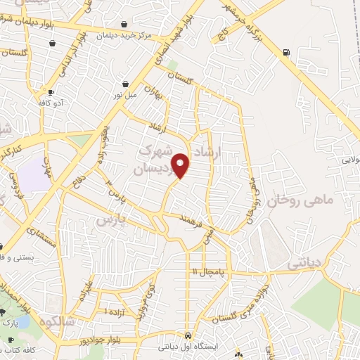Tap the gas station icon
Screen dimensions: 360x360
click(285, 51)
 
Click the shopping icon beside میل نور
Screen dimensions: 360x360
click(124, 83)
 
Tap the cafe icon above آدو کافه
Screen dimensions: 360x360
click(51, 92)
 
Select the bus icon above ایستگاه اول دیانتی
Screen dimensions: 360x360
click(188, 335)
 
